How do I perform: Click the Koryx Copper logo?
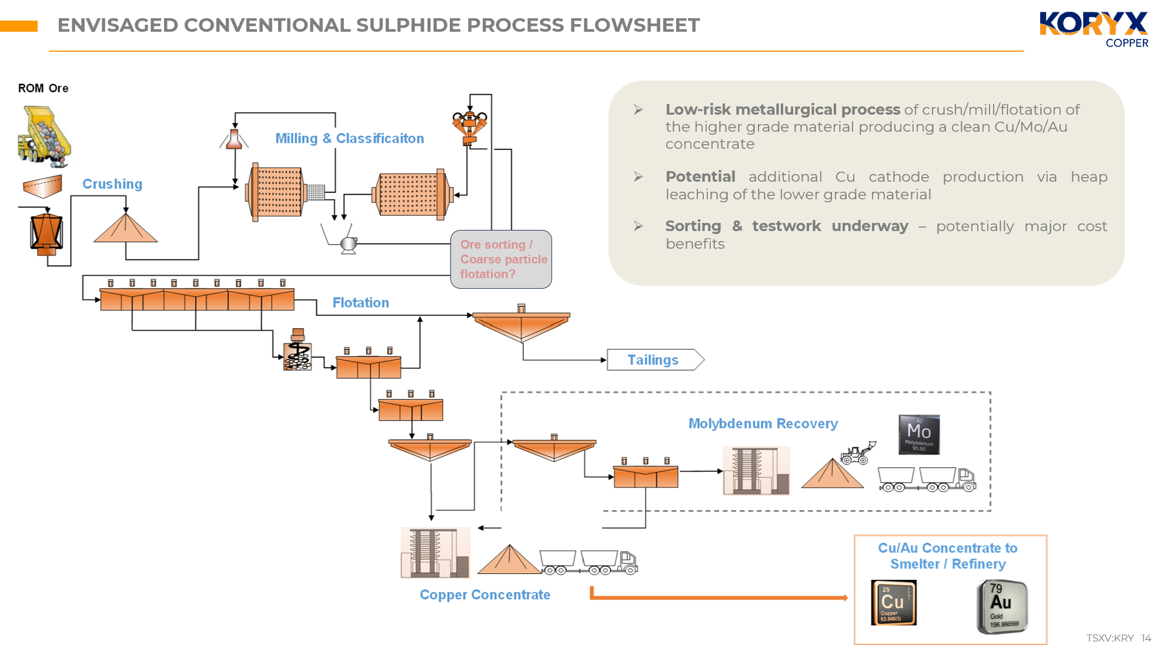[x=1094, y=29]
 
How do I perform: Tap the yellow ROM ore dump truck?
[x=45, y=135]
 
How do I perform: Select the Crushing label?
[x=112, y=184]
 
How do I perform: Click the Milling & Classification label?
[x=349, y=138]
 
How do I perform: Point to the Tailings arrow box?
[x=654, y=360]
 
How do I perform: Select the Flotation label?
[x=360, y=303]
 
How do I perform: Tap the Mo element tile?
[x=918, y=435]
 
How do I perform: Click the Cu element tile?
[x=893, y=603]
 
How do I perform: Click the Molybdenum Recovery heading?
[x=763, y=423]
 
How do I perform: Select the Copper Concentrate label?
[x=484, y=594]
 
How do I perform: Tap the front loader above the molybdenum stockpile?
[x=857, y=454]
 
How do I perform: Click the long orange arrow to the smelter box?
[x=717, y=597]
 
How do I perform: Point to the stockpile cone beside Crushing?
[x=125, y=229]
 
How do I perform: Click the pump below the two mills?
[x=348, y=244]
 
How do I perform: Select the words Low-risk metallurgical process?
[x=782, y=110]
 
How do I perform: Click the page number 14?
[x=1146, y=638]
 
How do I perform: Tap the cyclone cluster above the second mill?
[x=469, y=125]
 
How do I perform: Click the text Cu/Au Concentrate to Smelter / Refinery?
[x=947, y=556]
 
